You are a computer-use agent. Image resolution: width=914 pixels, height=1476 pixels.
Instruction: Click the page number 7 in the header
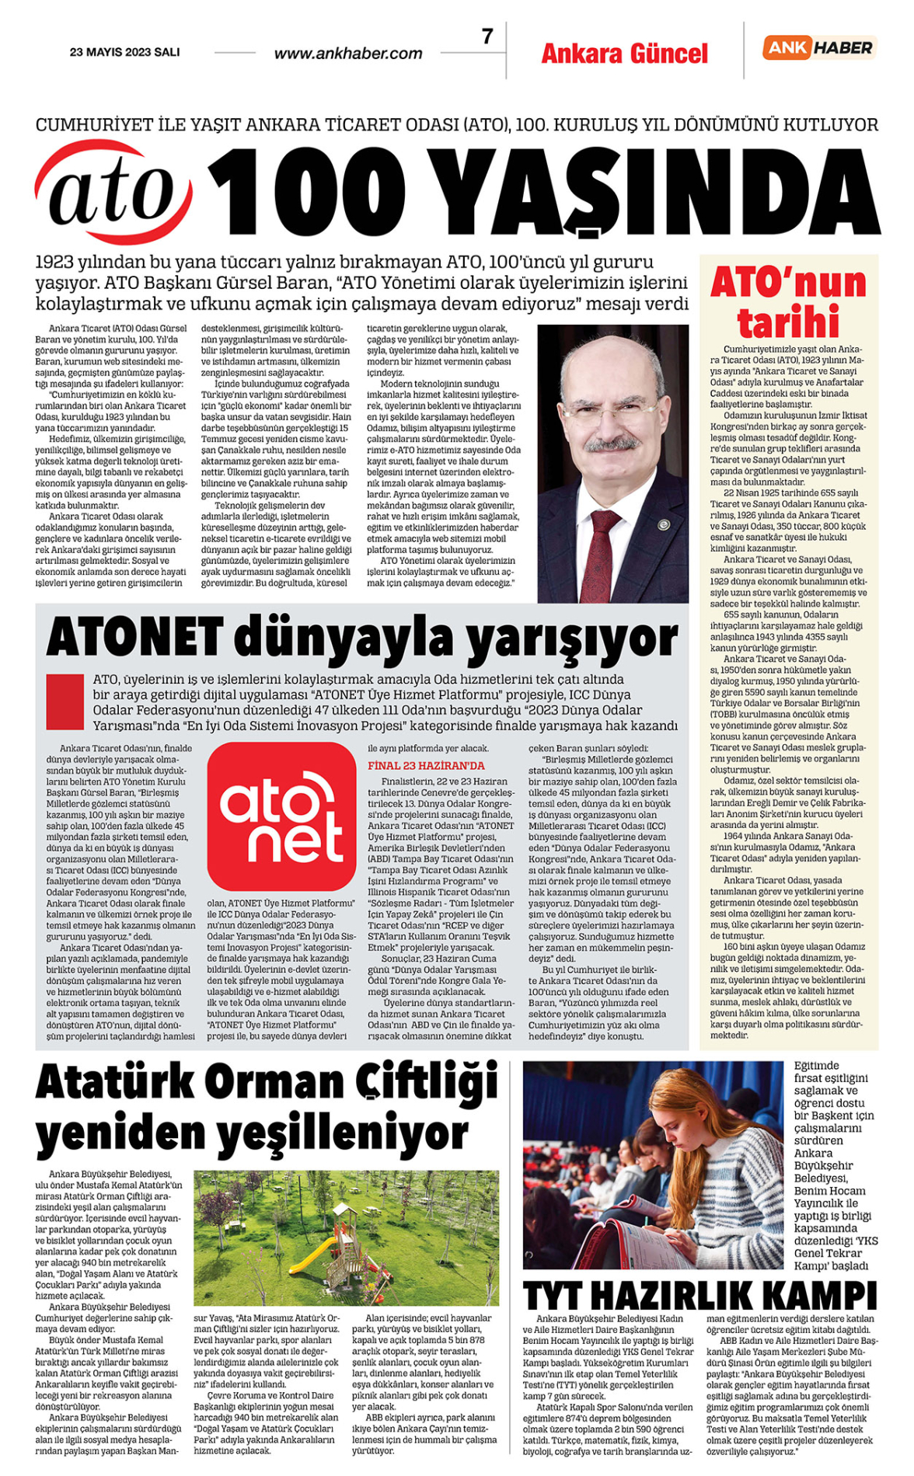click(x=487, y=37)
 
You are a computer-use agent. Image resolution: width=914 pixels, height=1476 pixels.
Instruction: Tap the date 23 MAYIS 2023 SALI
click(x=124, y=52)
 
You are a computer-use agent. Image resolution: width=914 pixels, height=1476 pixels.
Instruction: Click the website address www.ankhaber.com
click(x=348, y=54)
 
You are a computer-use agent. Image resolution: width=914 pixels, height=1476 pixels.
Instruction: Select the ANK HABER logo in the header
click(x=819, y=47)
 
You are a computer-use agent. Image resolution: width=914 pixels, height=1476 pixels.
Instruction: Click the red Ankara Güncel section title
click(x=624, y=54)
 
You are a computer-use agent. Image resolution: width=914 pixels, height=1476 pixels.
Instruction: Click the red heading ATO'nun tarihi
click(x=788, y=301)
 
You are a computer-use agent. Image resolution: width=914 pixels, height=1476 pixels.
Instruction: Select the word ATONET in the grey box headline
click(x=134, y=639)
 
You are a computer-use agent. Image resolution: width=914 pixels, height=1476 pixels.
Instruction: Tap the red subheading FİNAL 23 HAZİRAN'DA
click(x=426, y=765)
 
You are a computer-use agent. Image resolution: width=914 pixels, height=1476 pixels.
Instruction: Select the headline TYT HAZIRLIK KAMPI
click(x=699, y=1296)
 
